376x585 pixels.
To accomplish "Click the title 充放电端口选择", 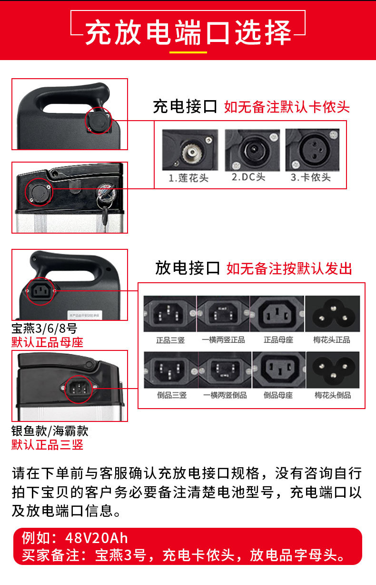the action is (188, 32).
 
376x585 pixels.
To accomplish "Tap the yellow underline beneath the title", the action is (188, 52).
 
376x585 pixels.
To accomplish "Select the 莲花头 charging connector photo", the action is (190, 150).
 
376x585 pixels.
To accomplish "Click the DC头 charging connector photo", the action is (252, 150).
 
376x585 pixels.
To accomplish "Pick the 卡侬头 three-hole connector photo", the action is (313, 150).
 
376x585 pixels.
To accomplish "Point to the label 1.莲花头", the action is (188, 178).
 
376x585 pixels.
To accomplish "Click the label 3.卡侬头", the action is (311, 177).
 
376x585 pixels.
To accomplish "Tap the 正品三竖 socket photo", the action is (170, 314).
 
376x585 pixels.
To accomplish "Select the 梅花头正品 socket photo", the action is (333, 314).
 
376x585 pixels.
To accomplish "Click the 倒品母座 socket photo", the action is (279, 369).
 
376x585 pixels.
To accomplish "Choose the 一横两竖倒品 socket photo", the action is (225, 369).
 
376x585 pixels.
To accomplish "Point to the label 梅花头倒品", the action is (333, 395).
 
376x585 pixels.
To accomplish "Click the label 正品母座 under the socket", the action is (278, 340).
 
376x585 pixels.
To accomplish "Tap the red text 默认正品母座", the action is (47, 342).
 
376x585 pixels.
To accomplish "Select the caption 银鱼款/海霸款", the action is (50, 431).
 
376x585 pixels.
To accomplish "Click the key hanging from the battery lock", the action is (105, 217).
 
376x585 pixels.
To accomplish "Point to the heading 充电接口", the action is (185, 106).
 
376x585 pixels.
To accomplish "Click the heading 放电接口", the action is (188, 268).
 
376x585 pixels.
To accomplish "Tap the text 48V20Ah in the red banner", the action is (97, 538).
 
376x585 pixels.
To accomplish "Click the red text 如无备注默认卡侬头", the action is (287, 107).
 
